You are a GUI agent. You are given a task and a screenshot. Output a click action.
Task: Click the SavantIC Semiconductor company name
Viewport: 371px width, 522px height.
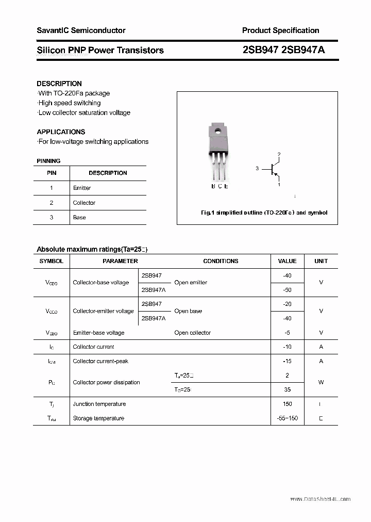81,30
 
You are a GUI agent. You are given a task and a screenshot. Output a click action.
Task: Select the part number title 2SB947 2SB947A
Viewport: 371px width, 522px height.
283,50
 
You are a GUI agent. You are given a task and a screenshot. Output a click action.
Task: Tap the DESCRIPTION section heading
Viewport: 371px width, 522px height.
59,84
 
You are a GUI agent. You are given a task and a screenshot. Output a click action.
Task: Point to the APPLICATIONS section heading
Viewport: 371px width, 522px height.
61,132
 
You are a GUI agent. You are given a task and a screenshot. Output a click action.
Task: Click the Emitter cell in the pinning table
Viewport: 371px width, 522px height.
82,188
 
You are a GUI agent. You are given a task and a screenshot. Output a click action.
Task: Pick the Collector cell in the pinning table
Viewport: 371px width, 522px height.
84,203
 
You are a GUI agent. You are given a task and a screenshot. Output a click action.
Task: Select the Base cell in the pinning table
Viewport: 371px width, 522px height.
79,217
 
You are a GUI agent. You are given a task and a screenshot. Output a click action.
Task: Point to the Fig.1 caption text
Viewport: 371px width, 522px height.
263,213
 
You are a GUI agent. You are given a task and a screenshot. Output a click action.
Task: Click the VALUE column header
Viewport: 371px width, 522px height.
287,261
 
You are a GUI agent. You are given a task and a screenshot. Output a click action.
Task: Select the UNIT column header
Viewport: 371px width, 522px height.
321,261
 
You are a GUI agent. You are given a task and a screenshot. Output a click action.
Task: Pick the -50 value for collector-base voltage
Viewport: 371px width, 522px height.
287,290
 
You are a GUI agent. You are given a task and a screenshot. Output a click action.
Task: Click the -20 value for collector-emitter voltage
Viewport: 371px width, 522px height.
287,304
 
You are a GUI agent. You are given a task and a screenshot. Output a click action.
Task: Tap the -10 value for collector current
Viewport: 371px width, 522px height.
287,347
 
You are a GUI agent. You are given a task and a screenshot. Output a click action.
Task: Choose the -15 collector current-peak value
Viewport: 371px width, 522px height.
287,361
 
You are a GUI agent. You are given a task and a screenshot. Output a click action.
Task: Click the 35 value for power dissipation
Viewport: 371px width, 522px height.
287,389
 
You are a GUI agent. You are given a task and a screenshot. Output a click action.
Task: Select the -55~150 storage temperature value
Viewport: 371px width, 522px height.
287,418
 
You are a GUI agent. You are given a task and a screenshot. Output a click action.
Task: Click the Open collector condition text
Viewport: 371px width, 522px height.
193,333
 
